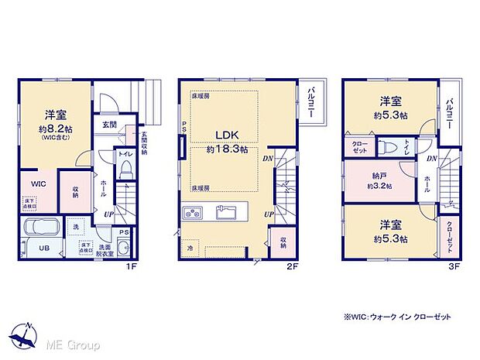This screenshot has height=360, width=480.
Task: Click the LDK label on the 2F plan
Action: coord(228,134)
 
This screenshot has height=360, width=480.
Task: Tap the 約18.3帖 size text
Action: coord(227,150)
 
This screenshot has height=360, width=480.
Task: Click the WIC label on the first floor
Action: coord(39,183)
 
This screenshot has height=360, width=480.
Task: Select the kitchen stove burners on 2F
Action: coord(192,212)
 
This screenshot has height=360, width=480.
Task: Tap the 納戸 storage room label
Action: coord(380,176)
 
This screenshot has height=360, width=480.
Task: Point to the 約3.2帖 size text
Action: coord(380,187)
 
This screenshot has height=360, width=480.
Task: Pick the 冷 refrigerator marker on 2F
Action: coord(188,248)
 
